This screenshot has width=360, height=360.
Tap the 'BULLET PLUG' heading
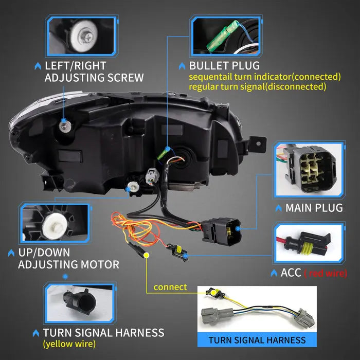tap(224, 66)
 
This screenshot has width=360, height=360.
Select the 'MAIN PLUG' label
tap(314, 208)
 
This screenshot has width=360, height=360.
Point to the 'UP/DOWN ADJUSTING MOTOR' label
tap(68, 259)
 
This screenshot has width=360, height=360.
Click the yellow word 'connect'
tap(170, 286)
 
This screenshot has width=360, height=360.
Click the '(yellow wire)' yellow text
tap(69, 343)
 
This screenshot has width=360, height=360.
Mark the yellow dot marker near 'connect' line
tap(146, 255)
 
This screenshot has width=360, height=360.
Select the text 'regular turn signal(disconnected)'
tap(257, 86)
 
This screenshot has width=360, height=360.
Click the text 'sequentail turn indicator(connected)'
tap(265, 77)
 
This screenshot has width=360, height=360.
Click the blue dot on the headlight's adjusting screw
tap(63, 121)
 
